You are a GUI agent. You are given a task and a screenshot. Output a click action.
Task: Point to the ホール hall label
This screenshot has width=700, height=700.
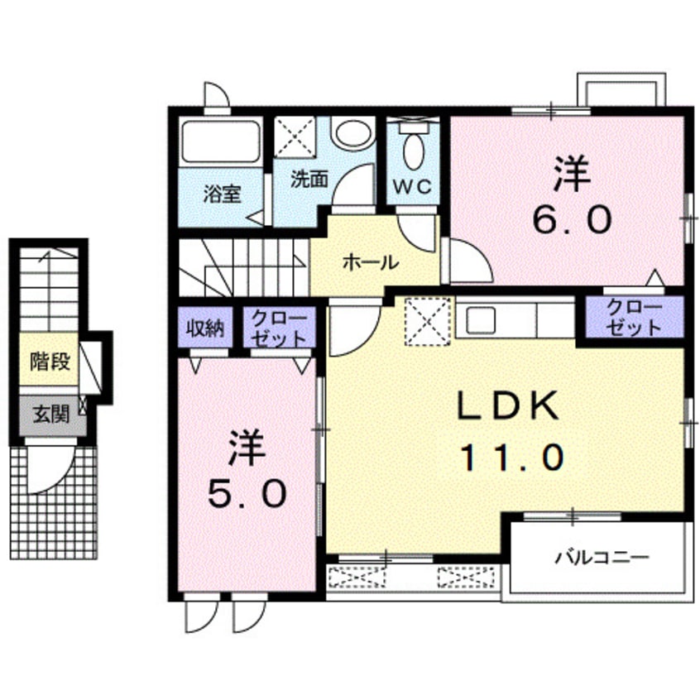(370, 262)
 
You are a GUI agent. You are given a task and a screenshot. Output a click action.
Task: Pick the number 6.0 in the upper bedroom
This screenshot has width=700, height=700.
(572, 220)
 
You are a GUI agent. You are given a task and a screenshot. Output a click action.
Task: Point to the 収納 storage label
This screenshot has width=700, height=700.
(205, 328)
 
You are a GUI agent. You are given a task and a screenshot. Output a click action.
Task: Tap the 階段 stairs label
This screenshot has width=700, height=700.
(49, 361)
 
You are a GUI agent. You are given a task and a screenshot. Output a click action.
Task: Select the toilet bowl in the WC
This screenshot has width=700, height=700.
(412, 151)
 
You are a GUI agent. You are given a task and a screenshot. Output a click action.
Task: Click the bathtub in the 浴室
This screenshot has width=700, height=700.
(221, 142)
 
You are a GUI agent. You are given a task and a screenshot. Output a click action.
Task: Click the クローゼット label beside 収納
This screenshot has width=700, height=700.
(279, 328)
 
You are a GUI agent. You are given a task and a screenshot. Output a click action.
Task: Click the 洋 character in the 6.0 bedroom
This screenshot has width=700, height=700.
(572, 175)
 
